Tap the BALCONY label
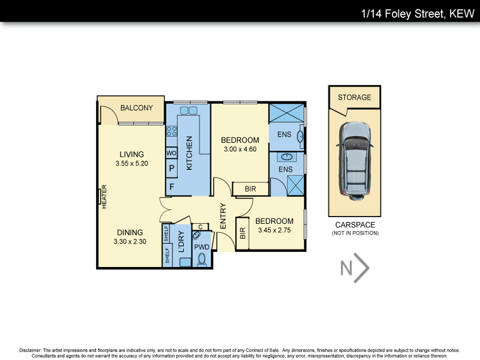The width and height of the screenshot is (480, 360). pos(136,108)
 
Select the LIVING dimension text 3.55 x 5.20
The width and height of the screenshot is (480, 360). pos(131,163)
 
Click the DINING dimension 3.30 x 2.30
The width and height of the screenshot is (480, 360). pos(130,242)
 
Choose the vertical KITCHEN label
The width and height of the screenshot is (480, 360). pos(189,153)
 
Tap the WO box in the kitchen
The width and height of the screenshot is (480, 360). pos(171,153)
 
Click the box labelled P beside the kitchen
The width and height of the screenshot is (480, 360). pos(171,169)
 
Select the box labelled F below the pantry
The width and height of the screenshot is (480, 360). pos(171,187)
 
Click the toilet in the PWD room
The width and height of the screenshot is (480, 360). pos(202,259)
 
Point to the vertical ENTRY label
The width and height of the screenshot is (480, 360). pos(223,217)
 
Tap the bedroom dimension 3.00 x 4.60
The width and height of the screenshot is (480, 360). pos(240,149)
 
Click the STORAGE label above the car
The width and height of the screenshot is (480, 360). pos(354,97)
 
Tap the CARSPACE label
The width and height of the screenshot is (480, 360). pos(355,224)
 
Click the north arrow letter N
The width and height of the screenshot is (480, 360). pos(346,269)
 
